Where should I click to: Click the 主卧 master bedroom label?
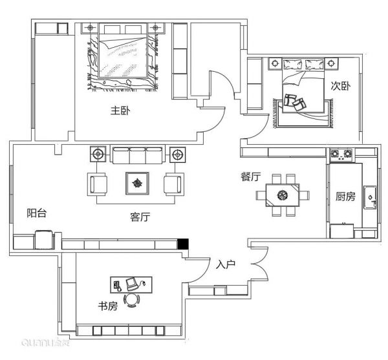click(x=120, y=111)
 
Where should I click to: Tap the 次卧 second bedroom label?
click(x=341, y=86)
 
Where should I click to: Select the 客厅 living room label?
click(x=140, y=217)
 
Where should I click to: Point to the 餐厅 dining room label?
click(x=251, y=176)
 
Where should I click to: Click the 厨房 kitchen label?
click(x=345, y=196)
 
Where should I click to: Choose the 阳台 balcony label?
click(x=37, y=213)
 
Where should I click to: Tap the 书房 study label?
click(x=108, y=306)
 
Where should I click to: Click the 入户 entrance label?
click(x=226, y=264)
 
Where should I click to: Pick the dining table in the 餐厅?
click(x=283, y=195)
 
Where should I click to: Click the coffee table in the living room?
click(x=137, y=183)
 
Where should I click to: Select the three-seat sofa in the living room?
click(x=138, y=155)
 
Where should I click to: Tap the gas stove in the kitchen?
click(x=341, y=154)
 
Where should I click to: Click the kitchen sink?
click(x=370, y=198)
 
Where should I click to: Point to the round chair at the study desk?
click(x=131, y=300)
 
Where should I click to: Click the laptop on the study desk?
click(x=131, y=284)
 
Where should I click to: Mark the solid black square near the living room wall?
click(x=183, y=244)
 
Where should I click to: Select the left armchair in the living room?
click(x=97, y=184)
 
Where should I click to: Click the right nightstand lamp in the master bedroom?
click(x=155, y=27)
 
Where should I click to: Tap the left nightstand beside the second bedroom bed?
click(x=275, y=63)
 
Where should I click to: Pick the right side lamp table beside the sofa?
click(x=177, y=154)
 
